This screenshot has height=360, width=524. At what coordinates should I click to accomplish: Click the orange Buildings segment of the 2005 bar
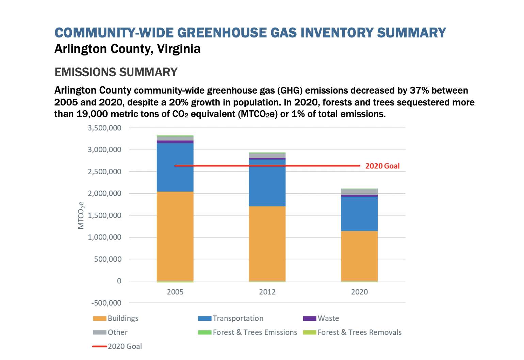[175, 236]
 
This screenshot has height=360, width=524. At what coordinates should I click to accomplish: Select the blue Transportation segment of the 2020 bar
[359, 214]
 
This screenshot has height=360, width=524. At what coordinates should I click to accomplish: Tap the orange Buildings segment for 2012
[267, 244]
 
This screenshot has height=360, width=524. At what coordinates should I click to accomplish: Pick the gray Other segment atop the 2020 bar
[359, 192]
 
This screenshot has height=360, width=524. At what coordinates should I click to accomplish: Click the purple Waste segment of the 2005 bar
[175, 142]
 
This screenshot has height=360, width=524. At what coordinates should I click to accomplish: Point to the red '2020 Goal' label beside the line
[382, 166]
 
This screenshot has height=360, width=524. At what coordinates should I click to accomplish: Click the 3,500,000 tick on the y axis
[104, 128]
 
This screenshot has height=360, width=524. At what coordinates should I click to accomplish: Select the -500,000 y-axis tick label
[106, 303]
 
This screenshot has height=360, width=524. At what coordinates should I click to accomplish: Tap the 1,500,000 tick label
[104, 215]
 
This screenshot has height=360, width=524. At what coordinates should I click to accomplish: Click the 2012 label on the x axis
[267, 292]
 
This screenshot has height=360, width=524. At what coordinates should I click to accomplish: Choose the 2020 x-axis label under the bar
[359, 292]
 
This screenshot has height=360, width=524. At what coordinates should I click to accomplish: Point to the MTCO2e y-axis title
[81, 215]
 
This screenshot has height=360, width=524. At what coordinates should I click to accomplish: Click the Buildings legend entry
[116, 318]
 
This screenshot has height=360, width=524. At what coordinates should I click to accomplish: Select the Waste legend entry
[321, 318]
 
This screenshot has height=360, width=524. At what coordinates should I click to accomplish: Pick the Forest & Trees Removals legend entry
[352, 332]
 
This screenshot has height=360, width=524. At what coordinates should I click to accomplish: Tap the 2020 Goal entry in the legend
[117, 346]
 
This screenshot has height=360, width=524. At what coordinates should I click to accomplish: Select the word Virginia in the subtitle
[179, 49]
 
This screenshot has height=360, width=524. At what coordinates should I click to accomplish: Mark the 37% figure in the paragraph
[419, 91]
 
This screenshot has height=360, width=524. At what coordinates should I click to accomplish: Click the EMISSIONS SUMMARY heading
[116, 72]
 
